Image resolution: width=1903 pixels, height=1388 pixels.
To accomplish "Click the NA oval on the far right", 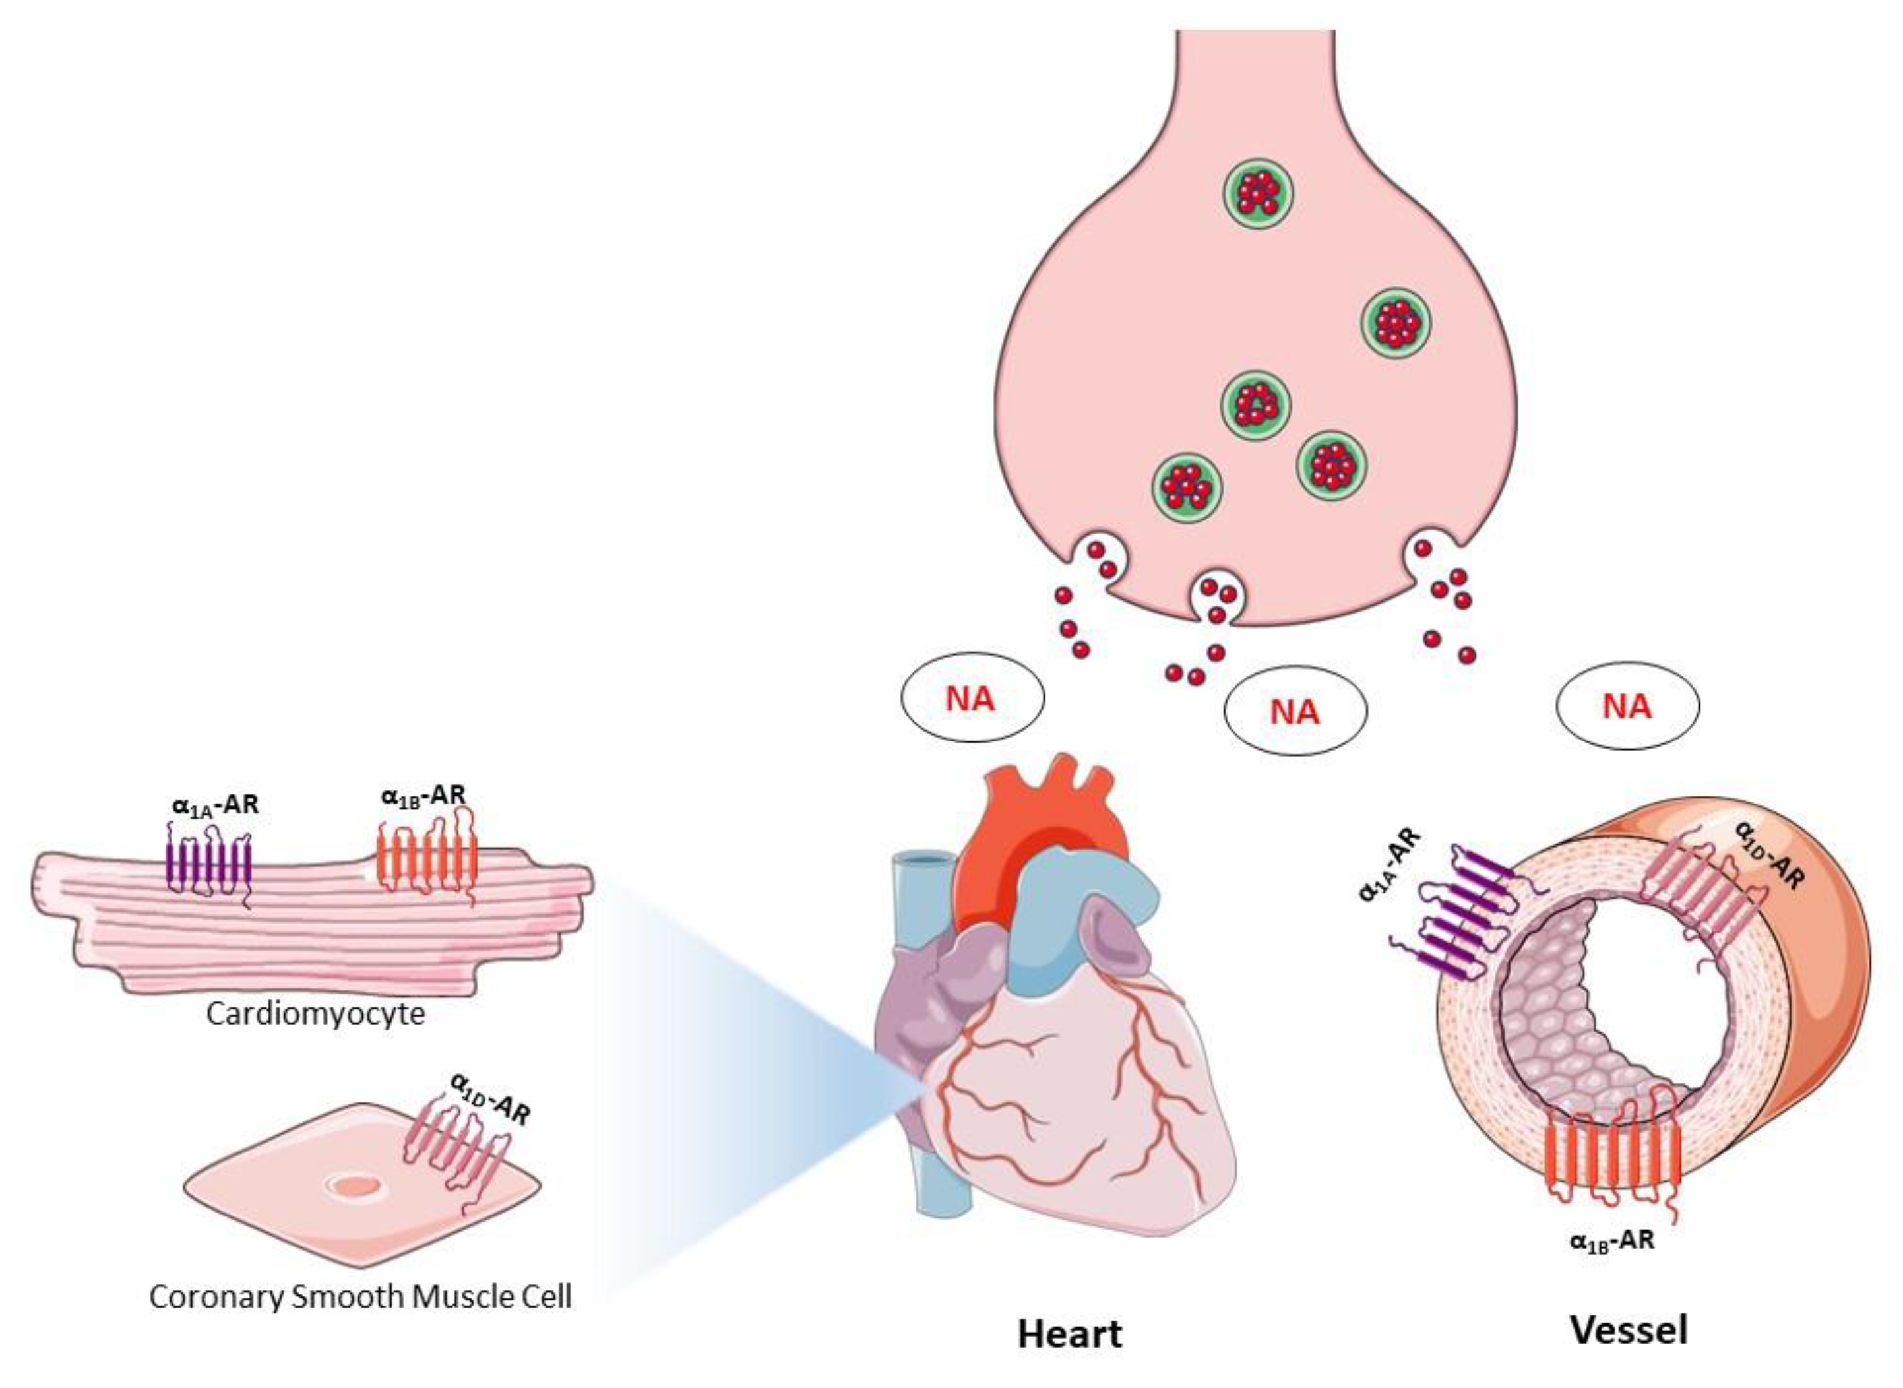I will [1627, 706].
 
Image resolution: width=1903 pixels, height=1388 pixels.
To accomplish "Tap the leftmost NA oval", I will [972, 698].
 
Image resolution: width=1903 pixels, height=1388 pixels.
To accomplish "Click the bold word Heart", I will [1069, 1333].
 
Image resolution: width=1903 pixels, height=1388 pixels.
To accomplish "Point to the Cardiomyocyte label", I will [316, 1014].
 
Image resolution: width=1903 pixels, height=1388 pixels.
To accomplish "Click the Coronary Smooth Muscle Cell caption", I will [360, 1296].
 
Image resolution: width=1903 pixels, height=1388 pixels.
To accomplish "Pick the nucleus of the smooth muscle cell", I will [356, 1186].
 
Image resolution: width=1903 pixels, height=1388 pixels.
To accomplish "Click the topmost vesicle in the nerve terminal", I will [1258, 193].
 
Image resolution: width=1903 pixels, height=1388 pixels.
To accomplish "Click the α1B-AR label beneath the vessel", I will [1611, 1241].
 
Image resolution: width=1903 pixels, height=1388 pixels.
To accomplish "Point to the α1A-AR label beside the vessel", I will [1390, 866].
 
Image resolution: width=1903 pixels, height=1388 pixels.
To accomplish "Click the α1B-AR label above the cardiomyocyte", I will [423, 795].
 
